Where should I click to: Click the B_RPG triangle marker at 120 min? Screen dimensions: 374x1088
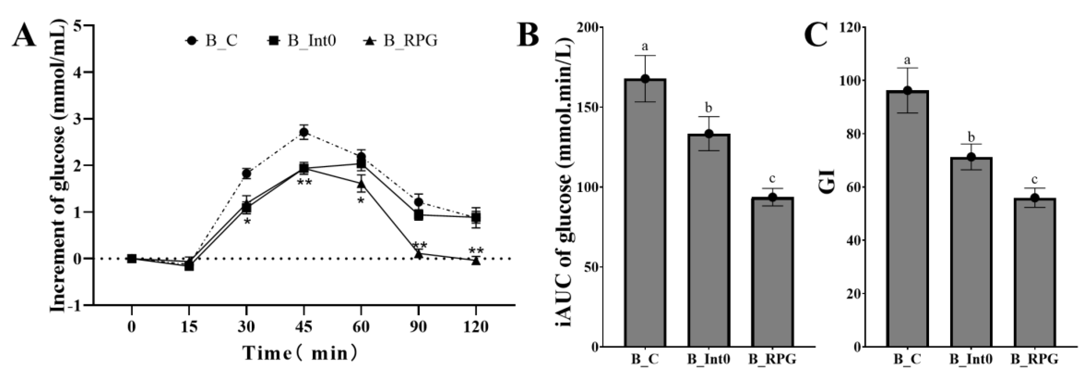click(476, 261)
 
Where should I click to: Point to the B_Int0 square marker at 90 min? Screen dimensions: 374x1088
click(418, 215)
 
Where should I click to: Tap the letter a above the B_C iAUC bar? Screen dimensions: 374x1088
click(645, 46)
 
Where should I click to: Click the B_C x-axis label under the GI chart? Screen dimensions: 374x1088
click(907, 360)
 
